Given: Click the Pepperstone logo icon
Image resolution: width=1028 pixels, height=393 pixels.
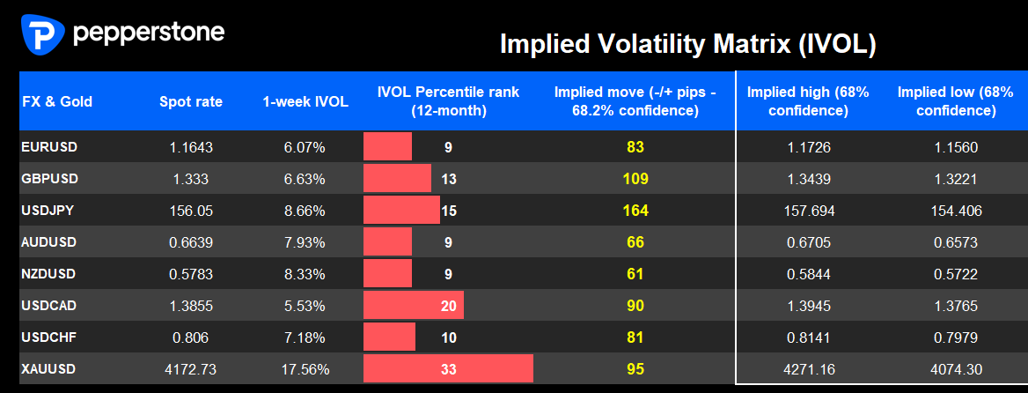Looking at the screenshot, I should [42, 34].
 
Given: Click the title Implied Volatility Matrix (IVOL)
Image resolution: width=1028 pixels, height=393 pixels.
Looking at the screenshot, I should [687, 45].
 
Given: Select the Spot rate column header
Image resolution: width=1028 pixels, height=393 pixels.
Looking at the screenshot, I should [191, 101].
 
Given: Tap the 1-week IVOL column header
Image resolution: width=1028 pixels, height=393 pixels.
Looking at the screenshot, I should [305, 101].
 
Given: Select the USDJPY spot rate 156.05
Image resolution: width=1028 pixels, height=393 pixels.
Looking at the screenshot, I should [191, 211].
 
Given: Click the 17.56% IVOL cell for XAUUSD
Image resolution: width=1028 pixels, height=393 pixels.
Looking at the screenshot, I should [305, 369].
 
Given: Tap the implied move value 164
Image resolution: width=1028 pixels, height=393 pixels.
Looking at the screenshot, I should [635, 211].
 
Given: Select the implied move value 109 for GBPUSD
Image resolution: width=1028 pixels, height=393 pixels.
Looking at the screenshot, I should [635, 179].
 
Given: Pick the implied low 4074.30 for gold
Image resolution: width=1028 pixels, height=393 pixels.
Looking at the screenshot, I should [956, 369].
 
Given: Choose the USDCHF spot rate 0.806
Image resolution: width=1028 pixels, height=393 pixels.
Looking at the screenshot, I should [191, 337].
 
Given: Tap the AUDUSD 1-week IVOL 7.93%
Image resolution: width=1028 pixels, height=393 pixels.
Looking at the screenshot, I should [305, 242].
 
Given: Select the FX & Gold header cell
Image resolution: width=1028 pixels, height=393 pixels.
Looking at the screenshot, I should [57, 101].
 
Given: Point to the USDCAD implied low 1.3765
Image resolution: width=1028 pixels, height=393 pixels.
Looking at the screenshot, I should [956, 306].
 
